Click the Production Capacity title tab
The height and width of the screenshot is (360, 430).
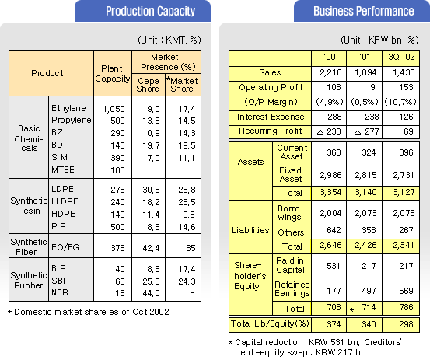(x=142, y=11)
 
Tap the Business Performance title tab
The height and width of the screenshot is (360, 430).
(x=362, y=11)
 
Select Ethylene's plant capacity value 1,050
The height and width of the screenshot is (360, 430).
(x=114, y=109)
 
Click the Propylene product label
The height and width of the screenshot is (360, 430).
(x=72, y=120)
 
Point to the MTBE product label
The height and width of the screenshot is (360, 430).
(x=63, y=170)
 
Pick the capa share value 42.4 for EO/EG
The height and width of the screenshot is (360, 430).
(x=151, y=248)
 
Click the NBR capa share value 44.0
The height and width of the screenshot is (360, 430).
(x=151, y=293)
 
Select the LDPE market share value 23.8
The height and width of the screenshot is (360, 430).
(x=187, y=190)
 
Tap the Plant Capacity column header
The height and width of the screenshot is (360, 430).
(x=113, y=74)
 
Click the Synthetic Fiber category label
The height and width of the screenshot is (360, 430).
(x=29, y=246)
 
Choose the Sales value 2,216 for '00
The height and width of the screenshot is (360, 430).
(x=330, y=72)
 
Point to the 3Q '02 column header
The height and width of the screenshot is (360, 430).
(x=401, y=57)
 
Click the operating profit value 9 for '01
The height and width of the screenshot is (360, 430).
(x=372, y=87)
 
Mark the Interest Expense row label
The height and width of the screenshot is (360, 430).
(x=271, y=117)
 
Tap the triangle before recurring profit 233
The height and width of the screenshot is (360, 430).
(x=320, y=132)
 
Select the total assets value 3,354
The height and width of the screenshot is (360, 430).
(x=330, y=192)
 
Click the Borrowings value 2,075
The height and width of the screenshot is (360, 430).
(x=404, y=213)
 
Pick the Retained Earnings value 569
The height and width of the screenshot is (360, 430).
(x=406, y=291)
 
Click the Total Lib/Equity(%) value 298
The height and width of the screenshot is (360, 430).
(x=406, y=325)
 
